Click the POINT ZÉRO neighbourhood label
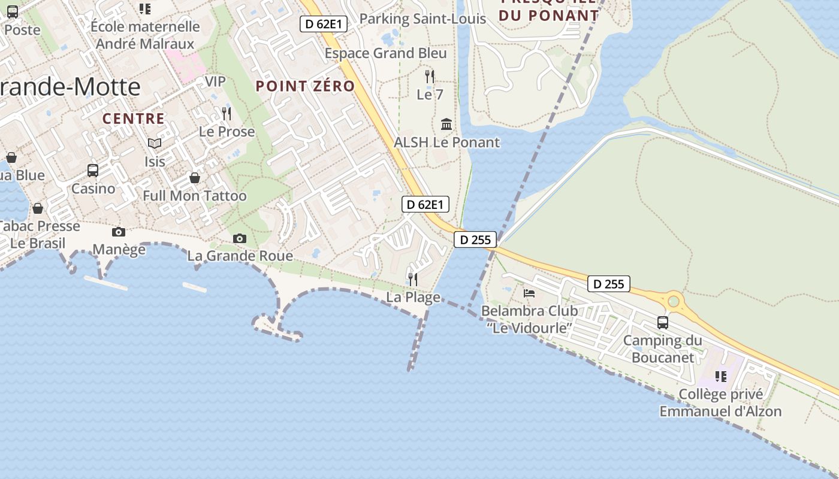point(305,86)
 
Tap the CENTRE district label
point(133,119)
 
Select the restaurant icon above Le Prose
point(227,114)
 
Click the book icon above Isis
point(155,144)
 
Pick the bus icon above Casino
point(93,171)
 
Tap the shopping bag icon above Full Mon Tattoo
point(195,178)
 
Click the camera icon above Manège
point(119,232)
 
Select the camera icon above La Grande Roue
point(240,238)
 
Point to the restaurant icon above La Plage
point(413,279)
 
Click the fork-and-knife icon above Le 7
point(430,77)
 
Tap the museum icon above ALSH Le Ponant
point(446,125)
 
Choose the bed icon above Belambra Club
point(529,293)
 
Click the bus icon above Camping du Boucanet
point(663,323)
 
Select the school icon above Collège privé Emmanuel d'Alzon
point(721,377)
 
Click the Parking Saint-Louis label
point(422,19)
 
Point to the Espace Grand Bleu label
point(385,53)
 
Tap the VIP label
point(215,81)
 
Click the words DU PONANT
point(548,16)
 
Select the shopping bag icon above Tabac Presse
point(38,208)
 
